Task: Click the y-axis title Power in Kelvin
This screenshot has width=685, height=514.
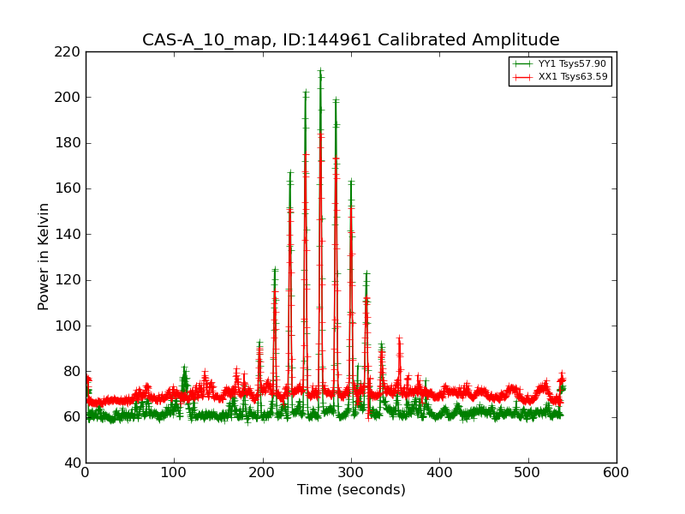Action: pos(44,257)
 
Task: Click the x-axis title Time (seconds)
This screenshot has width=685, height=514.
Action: pos(351,490)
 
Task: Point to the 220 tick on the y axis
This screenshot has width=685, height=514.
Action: pos(71,51)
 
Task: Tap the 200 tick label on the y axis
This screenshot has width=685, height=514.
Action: pos(71,97)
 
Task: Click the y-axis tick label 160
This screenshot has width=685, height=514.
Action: pos(71,188)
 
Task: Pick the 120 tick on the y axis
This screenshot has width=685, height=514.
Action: pos(71,280)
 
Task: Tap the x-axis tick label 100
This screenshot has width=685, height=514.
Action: pos(174,473)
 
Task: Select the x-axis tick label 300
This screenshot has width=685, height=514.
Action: pos(351,473)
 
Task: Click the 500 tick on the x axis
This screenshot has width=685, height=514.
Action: pos(528,473)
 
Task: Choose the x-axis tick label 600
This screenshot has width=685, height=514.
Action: pos(616,473)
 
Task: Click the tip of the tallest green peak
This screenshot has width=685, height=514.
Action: pos(320,71)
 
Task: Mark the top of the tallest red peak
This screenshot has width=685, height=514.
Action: pos(321,133)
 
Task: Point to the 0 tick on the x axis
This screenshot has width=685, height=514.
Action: pos(86,473)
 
